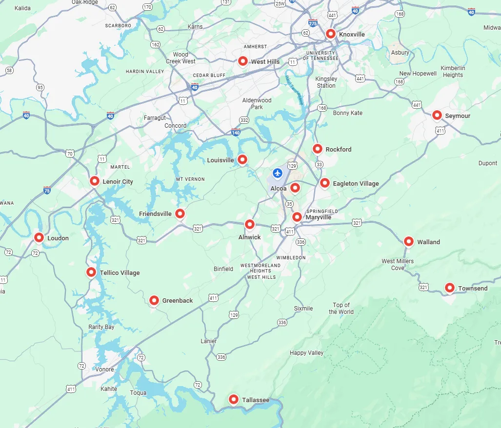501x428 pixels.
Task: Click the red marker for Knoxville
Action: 330,34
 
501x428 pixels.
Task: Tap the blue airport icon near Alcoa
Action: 278,173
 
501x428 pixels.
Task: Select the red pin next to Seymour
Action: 437,115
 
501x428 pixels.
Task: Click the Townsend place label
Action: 472,289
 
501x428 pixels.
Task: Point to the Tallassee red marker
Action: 234,399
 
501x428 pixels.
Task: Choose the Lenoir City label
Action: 118,182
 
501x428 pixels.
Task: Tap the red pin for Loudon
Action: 39,237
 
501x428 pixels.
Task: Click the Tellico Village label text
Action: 120,272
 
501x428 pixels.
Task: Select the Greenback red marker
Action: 154,300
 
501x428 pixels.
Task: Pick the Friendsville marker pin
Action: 180,213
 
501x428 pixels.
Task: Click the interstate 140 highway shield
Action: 236,132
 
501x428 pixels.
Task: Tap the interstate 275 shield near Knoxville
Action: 312,23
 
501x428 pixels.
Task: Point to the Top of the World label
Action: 341,309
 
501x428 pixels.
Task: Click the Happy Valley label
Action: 306,353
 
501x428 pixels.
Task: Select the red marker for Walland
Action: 409,241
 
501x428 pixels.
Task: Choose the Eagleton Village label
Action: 356,184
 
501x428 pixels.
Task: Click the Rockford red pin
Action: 318,149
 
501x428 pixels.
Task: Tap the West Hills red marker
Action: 242,61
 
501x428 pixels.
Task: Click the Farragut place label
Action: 155,118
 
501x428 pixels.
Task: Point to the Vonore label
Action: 104,370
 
